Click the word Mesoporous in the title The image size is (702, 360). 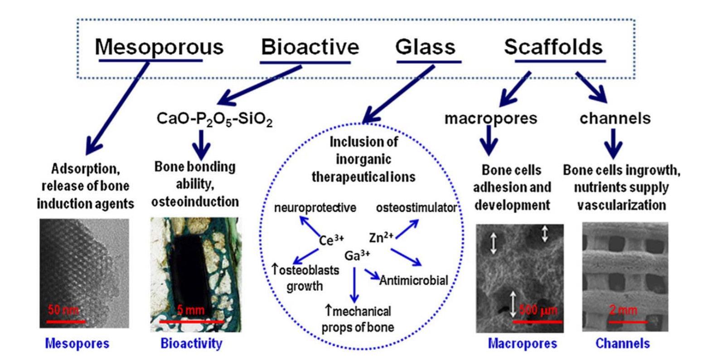pos(159,47)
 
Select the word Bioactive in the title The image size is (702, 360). pos(310,47)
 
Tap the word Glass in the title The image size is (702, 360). pos(425,47)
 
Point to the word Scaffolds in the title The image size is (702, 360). pos(553,47)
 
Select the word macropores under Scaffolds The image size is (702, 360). pos(490,118)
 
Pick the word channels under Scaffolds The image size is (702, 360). pos(615,118)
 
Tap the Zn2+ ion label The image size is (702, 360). pos(382,237)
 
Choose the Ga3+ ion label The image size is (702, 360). pos(358,255)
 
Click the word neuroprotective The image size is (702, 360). pos(315,208)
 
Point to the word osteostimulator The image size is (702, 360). pos(416,208)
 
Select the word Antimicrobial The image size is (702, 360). pos(413,281)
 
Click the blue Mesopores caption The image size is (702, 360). pos(77,344)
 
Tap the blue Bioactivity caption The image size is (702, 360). pos(191,344)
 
